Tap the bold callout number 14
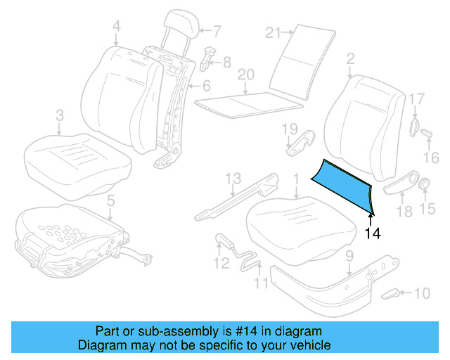coord(373,233)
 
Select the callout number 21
coord(274,32)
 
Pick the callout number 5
coord(110,201)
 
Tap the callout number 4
coord(116,26)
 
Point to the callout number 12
coord(221,264)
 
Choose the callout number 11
coord(261,285)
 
